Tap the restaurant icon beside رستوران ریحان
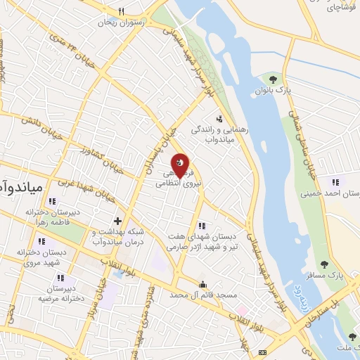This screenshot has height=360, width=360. pyautogui.click(x=121, y=12)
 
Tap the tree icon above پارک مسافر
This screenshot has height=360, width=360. pyautogui.click(x=323, y=264)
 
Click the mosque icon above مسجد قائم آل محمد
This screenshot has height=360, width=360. pyautogui.click(x=203, y=285)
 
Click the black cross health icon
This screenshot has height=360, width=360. pyautogui.click(x=117, y=221)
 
